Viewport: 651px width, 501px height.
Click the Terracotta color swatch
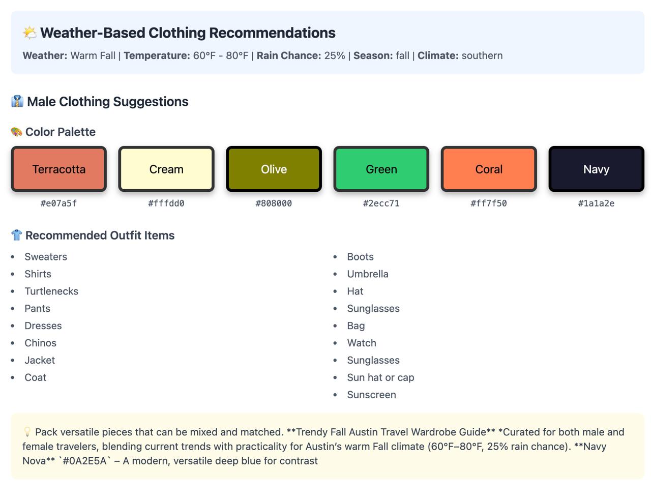(59, 169)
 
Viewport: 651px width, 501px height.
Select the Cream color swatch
(166, 169)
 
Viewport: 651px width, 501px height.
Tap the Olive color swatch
(274, 169)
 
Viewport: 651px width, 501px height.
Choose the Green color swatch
(381, 169)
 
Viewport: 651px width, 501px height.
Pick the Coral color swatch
(489, 169)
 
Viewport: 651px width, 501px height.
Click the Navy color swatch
(596, 169)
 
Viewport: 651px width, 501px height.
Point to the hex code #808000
(274, 203)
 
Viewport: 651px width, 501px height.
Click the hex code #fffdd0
(166, 203)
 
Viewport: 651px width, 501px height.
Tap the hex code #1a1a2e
(596, 203)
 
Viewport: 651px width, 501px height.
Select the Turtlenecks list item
(51, 291)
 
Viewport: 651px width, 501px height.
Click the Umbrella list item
(368, 274)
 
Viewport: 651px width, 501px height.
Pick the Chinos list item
(40, 343)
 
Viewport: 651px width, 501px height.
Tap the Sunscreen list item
(371, 395)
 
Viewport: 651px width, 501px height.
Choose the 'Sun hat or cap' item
(380, 378)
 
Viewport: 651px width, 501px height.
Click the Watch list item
(362, 343)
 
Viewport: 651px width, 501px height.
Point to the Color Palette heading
(60, 132)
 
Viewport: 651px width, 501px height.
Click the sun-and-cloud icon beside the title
(30, 33)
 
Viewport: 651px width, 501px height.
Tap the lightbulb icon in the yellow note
(27, 432)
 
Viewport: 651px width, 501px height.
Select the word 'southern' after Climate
(482, 56)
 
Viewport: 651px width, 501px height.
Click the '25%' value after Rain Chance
(335, 56)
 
